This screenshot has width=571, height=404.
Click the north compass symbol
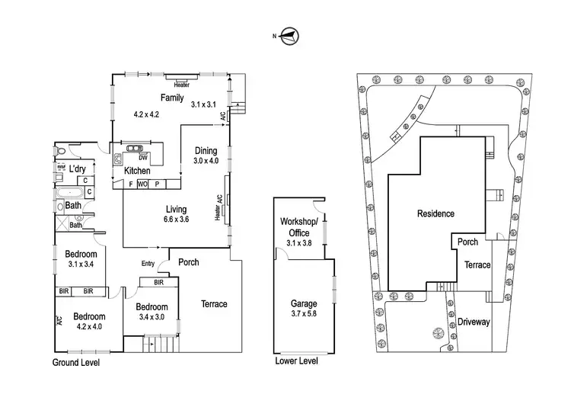(289, 35)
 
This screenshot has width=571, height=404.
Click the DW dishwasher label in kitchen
(142, 158)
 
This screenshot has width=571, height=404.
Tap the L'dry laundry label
(77, 168)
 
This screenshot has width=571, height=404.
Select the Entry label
(148, 265)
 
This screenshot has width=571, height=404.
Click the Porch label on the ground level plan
(188, 262)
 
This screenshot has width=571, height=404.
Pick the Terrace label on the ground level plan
(214, 304)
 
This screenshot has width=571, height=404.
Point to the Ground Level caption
(75, 363)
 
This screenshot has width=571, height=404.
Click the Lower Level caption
(295, 361)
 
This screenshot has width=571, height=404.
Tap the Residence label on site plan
(435, 213)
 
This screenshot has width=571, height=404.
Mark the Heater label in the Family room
(181, 85)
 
